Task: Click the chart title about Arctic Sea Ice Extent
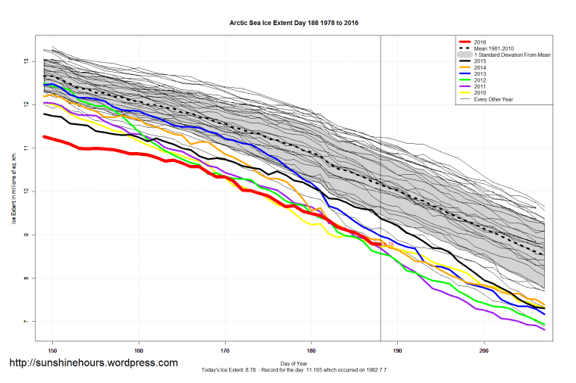point(293,23)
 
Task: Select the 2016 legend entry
point(477,42)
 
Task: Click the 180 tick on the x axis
point(311,351)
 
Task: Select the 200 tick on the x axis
point(484,351)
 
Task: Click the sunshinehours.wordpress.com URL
point(93,363)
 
